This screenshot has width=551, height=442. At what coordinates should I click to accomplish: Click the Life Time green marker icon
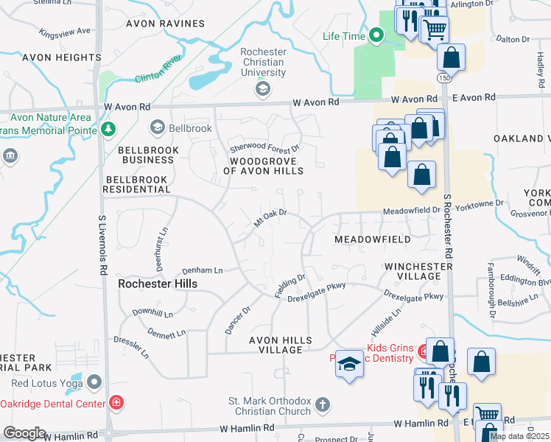click(376, 35)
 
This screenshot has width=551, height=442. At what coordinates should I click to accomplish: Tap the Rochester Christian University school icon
click(262, 89)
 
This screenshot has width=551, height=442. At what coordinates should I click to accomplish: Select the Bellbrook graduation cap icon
click(156, 128)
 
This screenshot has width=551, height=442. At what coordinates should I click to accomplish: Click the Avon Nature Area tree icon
click(108, 129)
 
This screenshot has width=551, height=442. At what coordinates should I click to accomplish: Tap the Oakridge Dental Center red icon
click(116, 402)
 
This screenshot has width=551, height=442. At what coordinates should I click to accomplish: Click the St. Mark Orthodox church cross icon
click(322, 404)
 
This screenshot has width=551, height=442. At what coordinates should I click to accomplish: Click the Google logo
click(24, 433)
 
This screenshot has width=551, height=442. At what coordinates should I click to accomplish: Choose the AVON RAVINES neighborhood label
click(165, 24)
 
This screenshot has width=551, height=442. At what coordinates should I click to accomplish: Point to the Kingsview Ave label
click(65, 32)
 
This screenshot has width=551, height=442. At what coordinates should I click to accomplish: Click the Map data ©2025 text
click(519, 436)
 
